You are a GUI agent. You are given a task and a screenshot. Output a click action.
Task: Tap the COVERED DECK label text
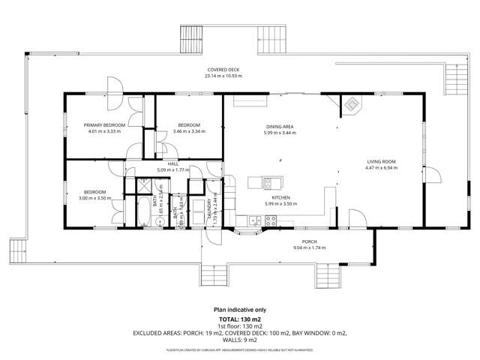coord(224,70)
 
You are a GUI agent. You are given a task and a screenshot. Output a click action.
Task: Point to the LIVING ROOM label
coord(381,161)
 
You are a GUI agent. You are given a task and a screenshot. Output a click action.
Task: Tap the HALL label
coord(172,163)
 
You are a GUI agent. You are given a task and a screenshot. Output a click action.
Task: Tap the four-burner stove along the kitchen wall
coord(270,220)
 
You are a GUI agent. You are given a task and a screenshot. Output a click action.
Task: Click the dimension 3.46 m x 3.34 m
coord(188,131)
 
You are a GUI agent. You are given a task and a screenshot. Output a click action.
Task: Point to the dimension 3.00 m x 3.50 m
coord(94,198)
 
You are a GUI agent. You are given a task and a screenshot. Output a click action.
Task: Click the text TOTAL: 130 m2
coord(240,319)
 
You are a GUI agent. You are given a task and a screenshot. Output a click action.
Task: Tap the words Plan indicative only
coord(240,309)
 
